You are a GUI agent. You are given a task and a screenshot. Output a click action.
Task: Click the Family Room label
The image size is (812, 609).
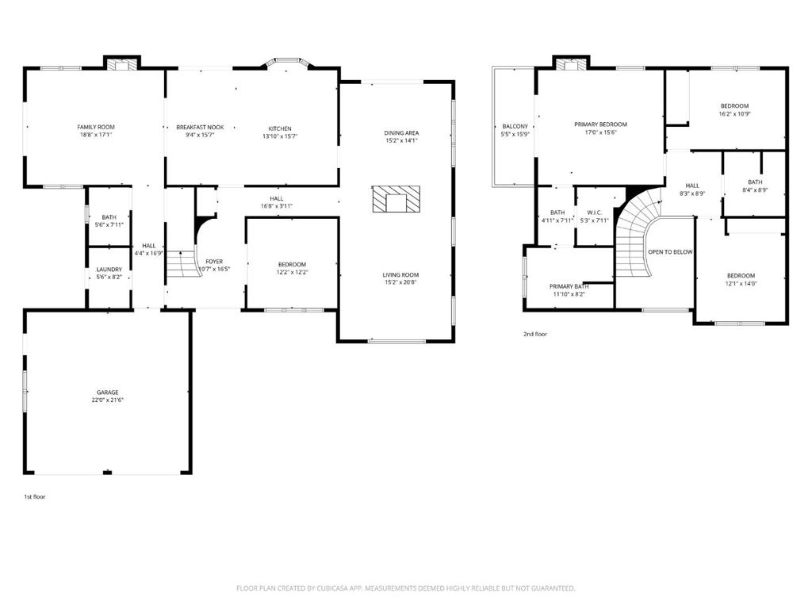point(96,127)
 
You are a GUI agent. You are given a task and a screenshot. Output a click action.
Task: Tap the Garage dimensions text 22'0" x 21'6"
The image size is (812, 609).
point(107,400)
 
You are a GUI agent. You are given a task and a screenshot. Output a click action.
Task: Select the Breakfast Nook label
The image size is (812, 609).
point(200,127)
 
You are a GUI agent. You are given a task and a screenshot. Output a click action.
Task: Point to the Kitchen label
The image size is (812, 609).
point(280,128)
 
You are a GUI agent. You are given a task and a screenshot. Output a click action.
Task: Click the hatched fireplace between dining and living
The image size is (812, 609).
point(396,199)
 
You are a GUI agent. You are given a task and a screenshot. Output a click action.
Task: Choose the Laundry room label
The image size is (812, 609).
point(109,270)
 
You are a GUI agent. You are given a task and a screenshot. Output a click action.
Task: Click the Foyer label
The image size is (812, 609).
point(214,262)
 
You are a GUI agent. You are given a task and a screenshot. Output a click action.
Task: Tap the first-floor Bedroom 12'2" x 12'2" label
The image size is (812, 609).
point(292,264)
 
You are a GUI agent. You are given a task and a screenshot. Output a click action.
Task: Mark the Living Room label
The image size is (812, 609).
point(400,275)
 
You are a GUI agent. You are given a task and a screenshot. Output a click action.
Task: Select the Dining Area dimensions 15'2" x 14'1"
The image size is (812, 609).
point(401,140)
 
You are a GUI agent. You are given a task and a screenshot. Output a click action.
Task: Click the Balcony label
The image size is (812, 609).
point(515,126)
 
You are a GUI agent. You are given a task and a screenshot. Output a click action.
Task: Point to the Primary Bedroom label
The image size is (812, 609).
point(601,124)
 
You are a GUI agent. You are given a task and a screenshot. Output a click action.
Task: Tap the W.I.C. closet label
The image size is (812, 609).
point(595,213)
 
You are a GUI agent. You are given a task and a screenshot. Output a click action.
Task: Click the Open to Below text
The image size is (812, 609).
point(670,252)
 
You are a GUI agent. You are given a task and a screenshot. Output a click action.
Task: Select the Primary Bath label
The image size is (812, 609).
point(569,286)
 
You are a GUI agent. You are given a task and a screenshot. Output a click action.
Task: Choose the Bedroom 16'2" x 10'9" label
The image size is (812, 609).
point(734,106)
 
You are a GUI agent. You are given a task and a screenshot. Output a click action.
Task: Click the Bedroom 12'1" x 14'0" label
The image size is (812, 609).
point(741,276)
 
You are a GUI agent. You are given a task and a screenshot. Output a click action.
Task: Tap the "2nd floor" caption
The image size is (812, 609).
point(535,334)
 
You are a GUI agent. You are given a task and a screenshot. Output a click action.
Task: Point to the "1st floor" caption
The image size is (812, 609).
point(35,496)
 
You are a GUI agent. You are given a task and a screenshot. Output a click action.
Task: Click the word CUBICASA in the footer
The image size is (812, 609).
point(334,588)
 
